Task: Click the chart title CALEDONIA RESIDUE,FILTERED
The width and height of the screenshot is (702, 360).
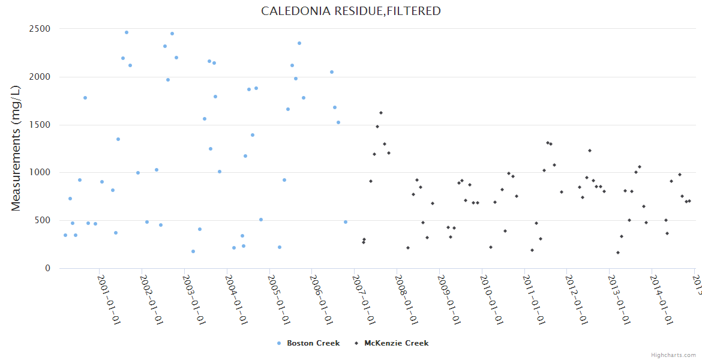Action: click(x=351, y=11)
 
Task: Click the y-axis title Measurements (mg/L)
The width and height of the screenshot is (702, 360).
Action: click(x=16, y=148)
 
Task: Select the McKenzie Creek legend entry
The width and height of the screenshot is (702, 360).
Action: click(x=396, y=343)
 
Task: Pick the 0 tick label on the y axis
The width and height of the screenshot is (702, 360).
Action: click(x=47, y=268)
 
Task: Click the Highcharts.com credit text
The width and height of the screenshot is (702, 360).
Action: click(x=673, y=355)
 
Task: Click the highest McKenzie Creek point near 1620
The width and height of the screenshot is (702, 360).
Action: click(x=381, y=113)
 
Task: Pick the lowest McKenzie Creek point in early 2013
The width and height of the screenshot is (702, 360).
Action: click(x=618, y=253)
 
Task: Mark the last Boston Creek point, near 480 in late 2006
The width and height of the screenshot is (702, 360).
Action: click(x=346, y=222)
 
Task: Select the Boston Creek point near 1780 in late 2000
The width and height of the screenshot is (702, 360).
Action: click(x=85, y=98)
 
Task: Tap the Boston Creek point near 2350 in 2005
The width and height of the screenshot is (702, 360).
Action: click(x=299, y=43)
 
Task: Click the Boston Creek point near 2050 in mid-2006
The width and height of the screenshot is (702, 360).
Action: click(x=332, y=72)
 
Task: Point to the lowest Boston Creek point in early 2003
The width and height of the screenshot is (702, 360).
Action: click(x=193, y=251)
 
